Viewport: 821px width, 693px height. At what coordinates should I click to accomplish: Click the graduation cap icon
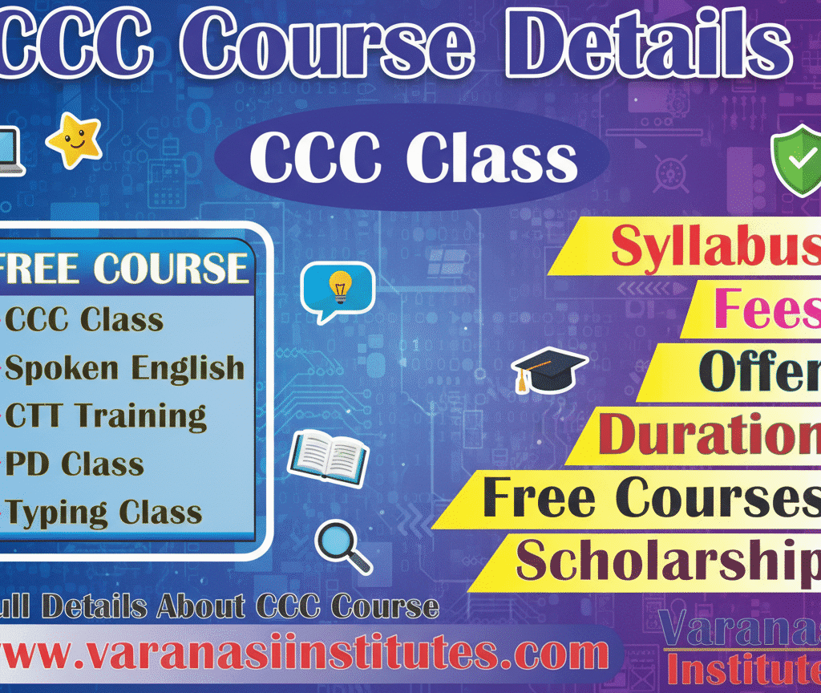[x=548, y=370]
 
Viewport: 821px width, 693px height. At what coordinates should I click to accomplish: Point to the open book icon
[x=327, y=457]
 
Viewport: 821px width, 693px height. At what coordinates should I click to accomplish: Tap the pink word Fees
[x=766, y=309]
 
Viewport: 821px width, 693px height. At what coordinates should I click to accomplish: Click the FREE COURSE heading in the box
[x=124, y=268]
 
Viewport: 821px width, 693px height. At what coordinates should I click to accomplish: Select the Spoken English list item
[x=124, y=368]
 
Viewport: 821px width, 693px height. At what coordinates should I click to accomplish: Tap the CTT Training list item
[x=104, y=416]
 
